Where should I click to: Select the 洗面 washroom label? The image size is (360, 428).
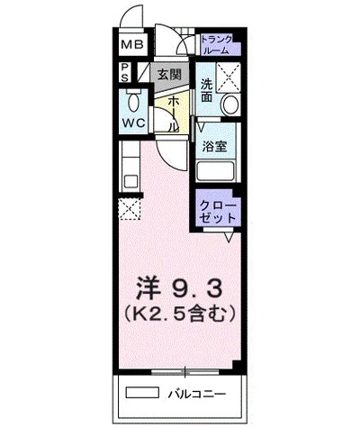coord(207,90)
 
